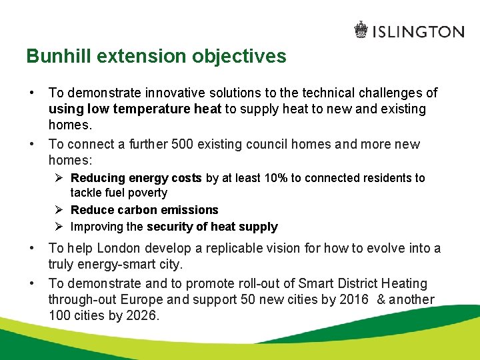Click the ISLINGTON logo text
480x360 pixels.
(x=419, y=31)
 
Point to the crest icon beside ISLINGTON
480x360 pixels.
(x=361, y=30)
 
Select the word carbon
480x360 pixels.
(x=135, y=210)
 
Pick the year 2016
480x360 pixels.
(x=354, y=300)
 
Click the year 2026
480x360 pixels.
(x=141, y=316)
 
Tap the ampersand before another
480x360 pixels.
(x=381, y=300)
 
